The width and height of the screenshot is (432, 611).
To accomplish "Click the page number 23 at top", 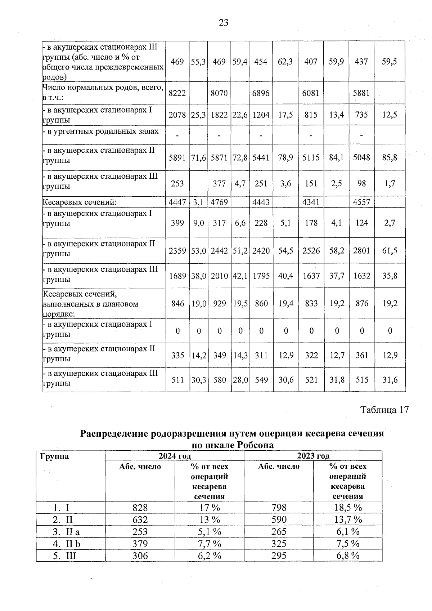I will click(x=223, y=23).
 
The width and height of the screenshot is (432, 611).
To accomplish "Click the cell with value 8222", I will click(x=177, y=93).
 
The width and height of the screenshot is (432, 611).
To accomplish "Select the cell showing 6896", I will click(x=261, y=93).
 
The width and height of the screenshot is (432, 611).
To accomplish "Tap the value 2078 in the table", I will click(x=177, y=115).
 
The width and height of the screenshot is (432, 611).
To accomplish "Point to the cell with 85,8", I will click(x=390, y=157).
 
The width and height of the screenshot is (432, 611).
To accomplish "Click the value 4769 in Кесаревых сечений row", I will click(x=219, y=202).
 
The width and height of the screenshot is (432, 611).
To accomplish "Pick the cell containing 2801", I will click(x=361, y=250).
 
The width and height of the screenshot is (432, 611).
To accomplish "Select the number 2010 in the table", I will click(x=219, y=276).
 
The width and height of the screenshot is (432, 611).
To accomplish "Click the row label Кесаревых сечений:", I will click(x=80, y=202).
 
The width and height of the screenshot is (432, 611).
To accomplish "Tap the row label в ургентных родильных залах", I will click(x=101, y=131).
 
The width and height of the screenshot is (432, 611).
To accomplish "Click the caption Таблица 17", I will click(x=384, y=410).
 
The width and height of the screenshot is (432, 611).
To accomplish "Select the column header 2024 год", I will click(x=174, y=456).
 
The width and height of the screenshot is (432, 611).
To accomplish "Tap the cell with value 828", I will click(x=140, y=508).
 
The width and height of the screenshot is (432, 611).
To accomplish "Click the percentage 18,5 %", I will click(x=347, y=508).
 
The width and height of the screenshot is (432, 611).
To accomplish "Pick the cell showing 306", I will click(x=140, y=556).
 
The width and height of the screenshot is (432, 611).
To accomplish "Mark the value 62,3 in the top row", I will click(x=285, y=62).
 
